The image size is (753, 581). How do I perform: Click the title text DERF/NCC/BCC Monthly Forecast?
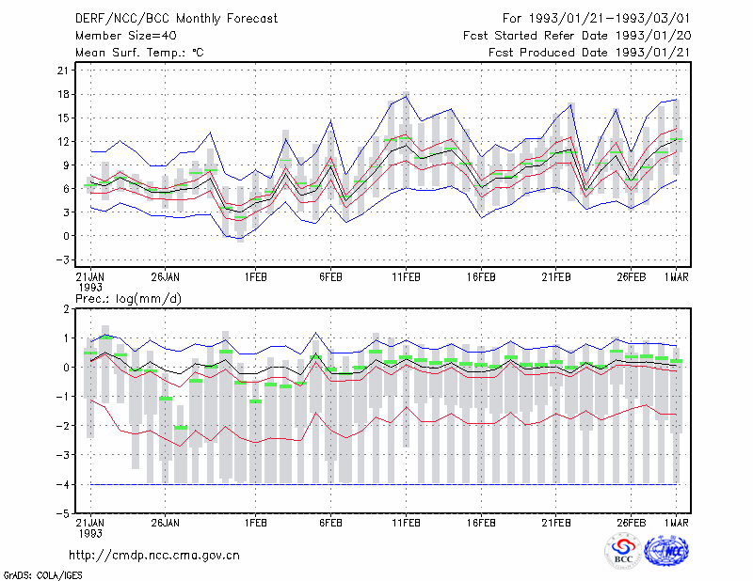[176, 19]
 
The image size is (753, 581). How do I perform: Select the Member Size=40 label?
[126, 36]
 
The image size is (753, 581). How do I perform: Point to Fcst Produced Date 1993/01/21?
[589, 53]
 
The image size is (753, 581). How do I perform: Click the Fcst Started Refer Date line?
[577, 36]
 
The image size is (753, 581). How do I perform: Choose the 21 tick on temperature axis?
[63, 71]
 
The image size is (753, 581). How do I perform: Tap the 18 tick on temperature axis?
[63, 94]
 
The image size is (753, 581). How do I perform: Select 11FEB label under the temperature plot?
[406, 276]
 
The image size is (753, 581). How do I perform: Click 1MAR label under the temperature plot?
[676, 276]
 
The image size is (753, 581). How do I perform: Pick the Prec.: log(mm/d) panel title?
[128, 299]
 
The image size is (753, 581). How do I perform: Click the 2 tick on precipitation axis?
[66, 309]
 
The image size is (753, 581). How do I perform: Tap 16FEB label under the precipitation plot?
[481, 522]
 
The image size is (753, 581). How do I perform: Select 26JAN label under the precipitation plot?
[166, 522]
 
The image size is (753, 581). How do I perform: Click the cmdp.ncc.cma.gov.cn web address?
[154, 556]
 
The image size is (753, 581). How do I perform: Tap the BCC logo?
[623, 551]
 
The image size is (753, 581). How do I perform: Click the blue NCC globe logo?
[666, 551]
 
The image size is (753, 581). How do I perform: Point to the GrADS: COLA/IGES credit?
[43, 575]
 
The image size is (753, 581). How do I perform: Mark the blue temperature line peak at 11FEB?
[407, 97]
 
